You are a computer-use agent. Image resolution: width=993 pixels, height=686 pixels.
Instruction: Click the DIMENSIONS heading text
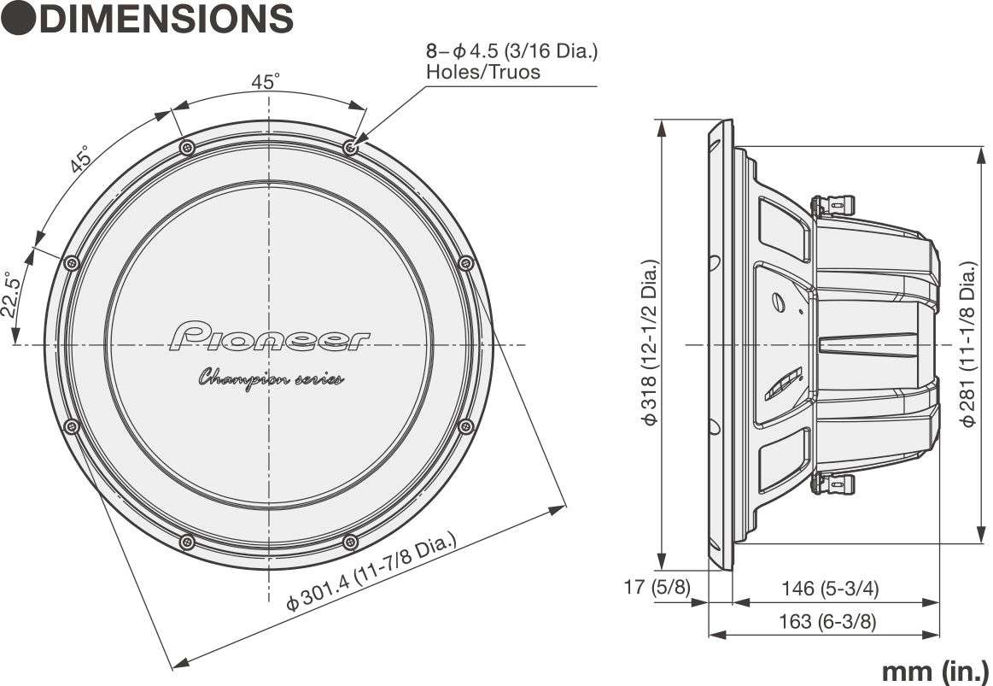point(166,19)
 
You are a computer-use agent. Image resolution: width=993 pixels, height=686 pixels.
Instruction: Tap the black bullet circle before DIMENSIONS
point(18,19)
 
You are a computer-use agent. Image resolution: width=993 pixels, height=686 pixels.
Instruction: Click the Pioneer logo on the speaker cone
point(270,337)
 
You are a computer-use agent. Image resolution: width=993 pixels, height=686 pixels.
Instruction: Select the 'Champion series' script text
point(271,378)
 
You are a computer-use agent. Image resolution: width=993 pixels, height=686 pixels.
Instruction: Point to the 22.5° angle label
point(11,296)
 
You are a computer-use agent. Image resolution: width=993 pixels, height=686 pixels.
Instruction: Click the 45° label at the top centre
point(266,82)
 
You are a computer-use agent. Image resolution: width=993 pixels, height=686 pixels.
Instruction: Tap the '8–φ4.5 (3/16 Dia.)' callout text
point(511,50)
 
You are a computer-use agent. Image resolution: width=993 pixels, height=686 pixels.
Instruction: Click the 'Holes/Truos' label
point(482,72)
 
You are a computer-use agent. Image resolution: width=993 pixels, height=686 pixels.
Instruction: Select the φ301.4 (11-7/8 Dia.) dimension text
point(371,571)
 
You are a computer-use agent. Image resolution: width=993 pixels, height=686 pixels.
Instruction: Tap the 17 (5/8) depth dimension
point(657,588)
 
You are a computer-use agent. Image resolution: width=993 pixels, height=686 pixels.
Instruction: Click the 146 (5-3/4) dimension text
point(830,588)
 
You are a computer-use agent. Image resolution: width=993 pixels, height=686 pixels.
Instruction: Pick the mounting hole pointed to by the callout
point(350,148)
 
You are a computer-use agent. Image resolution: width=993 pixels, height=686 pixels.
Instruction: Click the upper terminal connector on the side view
point(832,205)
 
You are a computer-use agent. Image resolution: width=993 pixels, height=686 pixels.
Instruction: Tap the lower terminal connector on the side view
point(832,484)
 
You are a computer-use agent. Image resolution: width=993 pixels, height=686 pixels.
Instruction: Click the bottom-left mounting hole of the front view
point(187,542)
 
